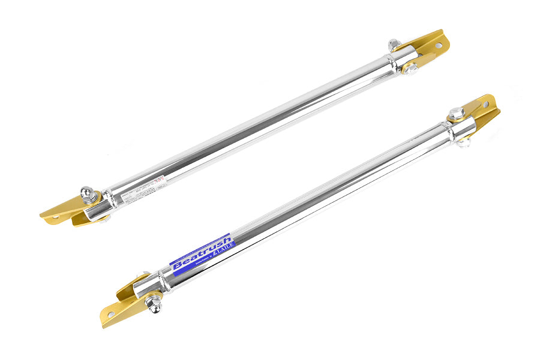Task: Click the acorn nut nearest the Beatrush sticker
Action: pyautogui.click(x=154, y=305)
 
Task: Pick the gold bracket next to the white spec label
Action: pyautogui.click(x=66, y=210)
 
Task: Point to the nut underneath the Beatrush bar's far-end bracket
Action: pyautogui.click(x=463, y=142)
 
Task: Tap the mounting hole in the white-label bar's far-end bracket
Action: pyautogui.click(x=439, y=45)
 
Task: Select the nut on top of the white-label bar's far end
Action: pyautogui.click(x=394, y=44)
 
